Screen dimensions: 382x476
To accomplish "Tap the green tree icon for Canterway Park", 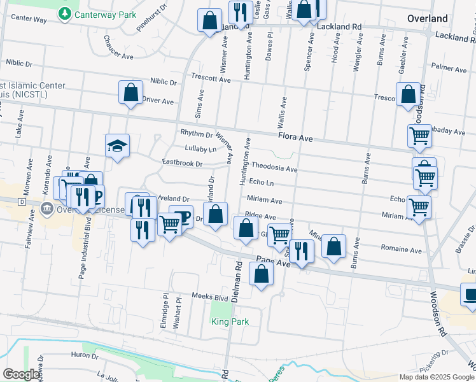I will tap(64, 13).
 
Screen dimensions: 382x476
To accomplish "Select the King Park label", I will tap(230, 322).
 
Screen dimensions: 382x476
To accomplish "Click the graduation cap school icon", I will tap(117, 146).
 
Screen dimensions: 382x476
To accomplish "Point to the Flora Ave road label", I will tap(295, 137).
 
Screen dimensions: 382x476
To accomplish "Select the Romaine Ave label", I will tap(402, 250).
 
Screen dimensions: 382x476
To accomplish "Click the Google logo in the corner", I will tap(21, 374).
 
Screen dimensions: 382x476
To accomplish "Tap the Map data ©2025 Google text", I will tap(437, 377).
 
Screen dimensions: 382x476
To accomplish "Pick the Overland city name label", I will tap(428, 18).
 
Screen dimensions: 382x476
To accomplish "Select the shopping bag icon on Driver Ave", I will tap(130, 93).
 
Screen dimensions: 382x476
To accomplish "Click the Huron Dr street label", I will tap(85, 355).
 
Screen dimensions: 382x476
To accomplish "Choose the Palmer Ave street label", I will tap(449, 67).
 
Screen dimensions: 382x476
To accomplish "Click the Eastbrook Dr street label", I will tap(182, 164).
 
